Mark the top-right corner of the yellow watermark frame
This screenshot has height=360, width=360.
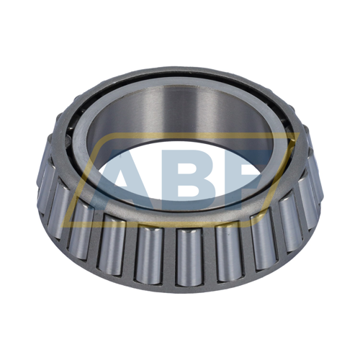[295, 135]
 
